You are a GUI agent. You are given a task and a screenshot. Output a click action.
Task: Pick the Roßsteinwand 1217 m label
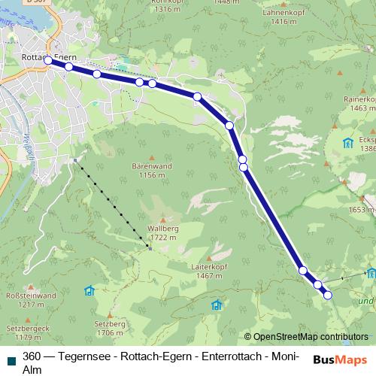click(30, 301)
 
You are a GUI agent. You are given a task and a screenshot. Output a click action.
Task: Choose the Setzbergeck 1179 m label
click(25, 333)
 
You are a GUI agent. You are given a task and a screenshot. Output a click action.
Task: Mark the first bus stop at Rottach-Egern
click(48, 60)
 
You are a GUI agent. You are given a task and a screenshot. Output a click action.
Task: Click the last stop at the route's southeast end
click(328, 295)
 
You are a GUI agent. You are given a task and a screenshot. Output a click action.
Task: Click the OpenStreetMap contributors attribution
click(306, 337)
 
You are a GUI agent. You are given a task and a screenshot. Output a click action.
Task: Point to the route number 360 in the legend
click(32, 356)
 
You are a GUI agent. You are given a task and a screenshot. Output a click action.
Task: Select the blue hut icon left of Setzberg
click(89, 290)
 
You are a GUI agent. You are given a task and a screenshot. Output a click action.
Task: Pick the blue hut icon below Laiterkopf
click(217, 305)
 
